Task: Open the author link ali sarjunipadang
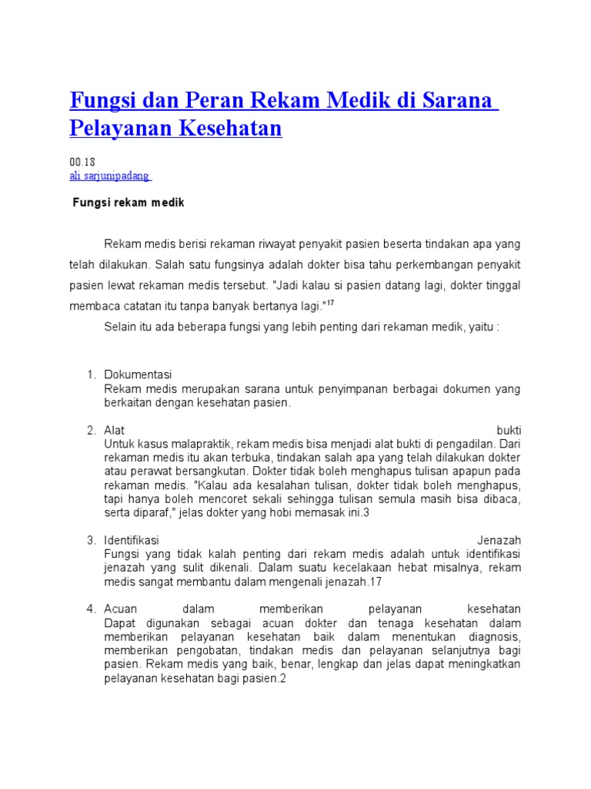click(x=110, y=176)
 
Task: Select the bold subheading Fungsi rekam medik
click(x=129, y=203)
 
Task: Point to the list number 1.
click(x=90, y=374)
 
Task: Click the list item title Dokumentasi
click(x=138, y=374)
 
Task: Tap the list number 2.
click(x=90, y=430)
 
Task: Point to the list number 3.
click(x=90, y=541)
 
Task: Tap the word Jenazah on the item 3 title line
click(x=499, y=541)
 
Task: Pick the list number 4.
click(x=90, y=609)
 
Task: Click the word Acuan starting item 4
click(x=121, y=609)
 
